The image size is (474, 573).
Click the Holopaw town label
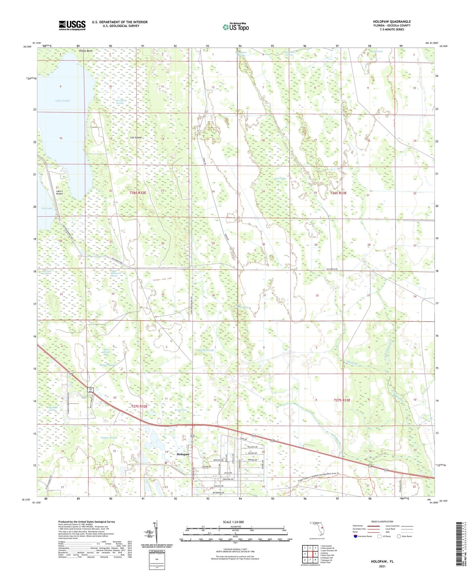183,454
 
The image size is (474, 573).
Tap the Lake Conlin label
62,101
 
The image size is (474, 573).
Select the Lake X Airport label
59,192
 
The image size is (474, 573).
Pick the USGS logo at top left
72,25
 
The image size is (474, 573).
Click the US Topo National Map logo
235,27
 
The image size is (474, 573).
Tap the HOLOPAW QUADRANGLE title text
392,22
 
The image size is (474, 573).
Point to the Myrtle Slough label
206,350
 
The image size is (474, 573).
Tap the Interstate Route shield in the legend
356,536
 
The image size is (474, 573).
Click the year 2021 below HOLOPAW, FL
382,566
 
